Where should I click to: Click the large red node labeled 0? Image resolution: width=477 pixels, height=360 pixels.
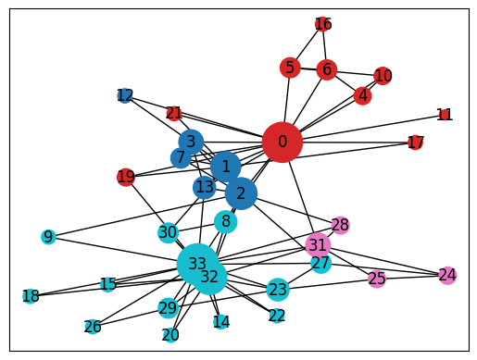[x=282, y=143]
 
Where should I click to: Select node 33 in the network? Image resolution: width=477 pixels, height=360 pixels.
[x=197, y=264]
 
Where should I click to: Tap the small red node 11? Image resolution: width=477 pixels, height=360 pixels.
[x=445, y=115]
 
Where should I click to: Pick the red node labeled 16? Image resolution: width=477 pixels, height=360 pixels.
[x=322, y=24]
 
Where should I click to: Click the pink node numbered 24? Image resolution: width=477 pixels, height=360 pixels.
[x=447, y=275]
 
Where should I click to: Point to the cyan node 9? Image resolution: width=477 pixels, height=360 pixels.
[x=48, y=237]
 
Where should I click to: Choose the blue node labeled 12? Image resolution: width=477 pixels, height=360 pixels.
[x=125, y=95]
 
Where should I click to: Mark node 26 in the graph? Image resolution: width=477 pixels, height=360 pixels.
[x=93, y=326]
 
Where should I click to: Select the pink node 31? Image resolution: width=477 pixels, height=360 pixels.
[x=318, y=245]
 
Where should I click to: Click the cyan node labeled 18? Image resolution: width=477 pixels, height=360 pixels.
[x=31, y=296]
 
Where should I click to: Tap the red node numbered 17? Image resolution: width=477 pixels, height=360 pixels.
[x=415, y=143]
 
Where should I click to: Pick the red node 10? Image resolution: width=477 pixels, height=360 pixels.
[x=383, y=76]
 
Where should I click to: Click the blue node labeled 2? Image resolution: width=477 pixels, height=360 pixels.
[x=241, y=193]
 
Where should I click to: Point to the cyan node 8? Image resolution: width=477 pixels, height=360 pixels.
[x=225, y=221]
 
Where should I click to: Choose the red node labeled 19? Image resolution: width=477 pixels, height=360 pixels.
[x=126, y=177]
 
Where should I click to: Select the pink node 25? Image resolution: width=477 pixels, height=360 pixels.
[x=376, y=279]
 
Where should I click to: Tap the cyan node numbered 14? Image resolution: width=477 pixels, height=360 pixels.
[x=220, y=322]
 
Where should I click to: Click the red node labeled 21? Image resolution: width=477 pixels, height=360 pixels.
[x=174, y=113]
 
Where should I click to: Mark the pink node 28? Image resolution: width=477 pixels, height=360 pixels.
[x=340, y=225]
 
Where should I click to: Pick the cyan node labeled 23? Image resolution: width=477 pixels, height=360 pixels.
[x=278, y=290]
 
